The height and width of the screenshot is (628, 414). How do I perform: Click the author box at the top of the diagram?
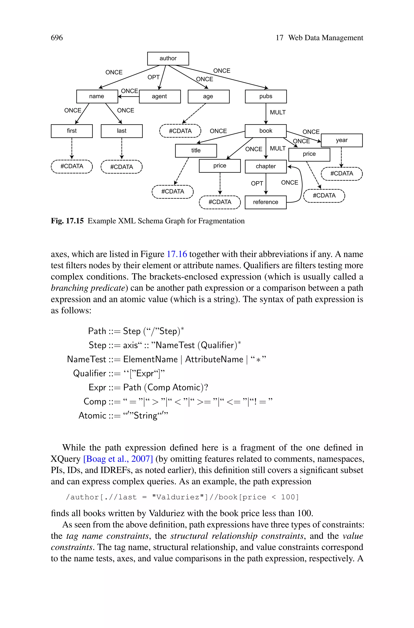coord(168,58)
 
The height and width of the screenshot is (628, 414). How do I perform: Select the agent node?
coord(160,96)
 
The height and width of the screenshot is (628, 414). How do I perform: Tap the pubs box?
coord(266,96)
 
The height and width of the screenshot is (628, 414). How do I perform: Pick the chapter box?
coord(266,166)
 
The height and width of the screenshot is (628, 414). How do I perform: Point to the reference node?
coord(265,202)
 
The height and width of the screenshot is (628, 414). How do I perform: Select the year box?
coord(342,140)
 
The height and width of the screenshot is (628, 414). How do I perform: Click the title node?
coord(196,150)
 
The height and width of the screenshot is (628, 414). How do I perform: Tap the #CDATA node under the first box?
coord(72,166)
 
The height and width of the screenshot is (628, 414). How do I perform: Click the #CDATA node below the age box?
coord(180,131)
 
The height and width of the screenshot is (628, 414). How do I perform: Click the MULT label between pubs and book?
coord(278,112)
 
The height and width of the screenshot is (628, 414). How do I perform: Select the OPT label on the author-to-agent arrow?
coord(153,77)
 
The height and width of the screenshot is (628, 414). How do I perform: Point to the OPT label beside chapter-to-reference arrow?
coord(257,183)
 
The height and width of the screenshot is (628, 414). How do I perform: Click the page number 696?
coord(57,38)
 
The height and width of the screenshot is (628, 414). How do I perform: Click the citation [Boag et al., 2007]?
coord(118,459)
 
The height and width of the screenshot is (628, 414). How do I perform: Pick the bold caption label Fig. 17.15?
coord(67,221)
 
